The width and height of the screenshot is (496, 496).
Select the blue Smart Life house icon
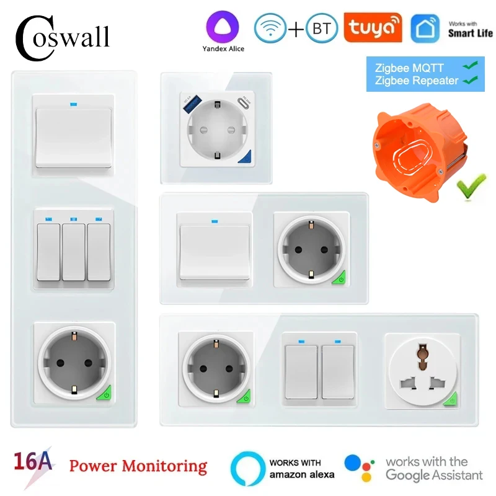(x=425, y=29)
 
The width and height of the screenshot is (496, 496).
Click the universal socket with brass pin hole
(x=422, y=372)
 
